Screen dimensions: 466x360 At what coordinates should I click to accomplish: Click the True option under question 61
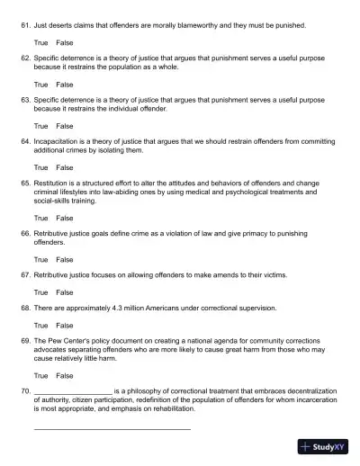pyautogui.click(x=40, y=42)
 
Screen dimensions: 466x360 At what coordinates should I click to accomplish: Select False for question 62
pyautogui.click(x=65, y=85)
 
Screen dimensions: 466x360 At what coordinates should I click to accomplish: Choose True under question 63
pyautogui.click(x=40, y=126)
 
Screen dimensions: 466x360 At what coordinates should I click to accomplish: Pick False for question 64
pyautogui.click(x=65, y=167)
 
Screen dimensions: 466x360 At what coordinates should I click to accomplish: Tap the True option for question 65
pyautogui.click(x=40, y=218)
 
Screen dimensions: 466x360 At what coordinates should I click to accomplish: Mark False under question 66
pyautogui.click(x=65, y=259)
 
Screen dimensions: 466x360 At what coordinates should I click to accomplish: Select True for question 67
pyautogui.click(x=40, y=291)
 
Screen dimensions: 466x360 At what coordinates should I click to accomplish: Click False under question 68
pyautogui.click(x=65, y=325)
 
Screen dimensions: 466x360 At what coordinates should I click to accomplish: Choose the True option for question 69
pyautogui.click(x=40, y=375)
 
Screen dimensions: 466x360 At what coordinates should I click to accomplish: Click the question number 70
pyautogui.click(x=25, y=391)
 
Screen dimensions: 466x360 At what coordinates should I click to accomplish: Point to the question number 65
pyautogui.click(x=25, y=183)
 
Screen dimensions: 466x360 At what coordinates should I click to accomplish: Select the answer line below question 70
pyautogui.click(x=112, y=428)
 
